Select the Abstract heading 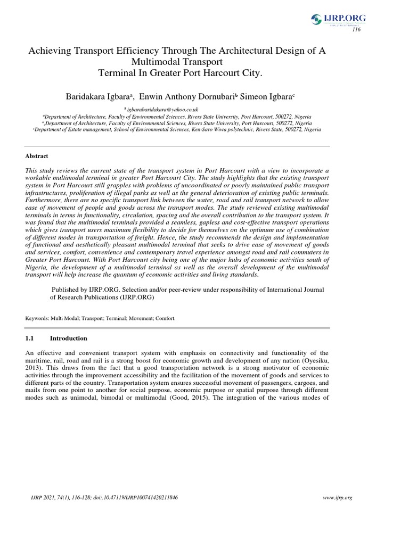coord(37,156)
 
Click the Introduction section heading coord(69,338)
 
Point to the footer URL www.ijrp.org coord(338,498)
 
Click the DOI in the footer coord(145,498)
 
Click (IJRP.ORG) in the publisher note coord(137,298)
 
